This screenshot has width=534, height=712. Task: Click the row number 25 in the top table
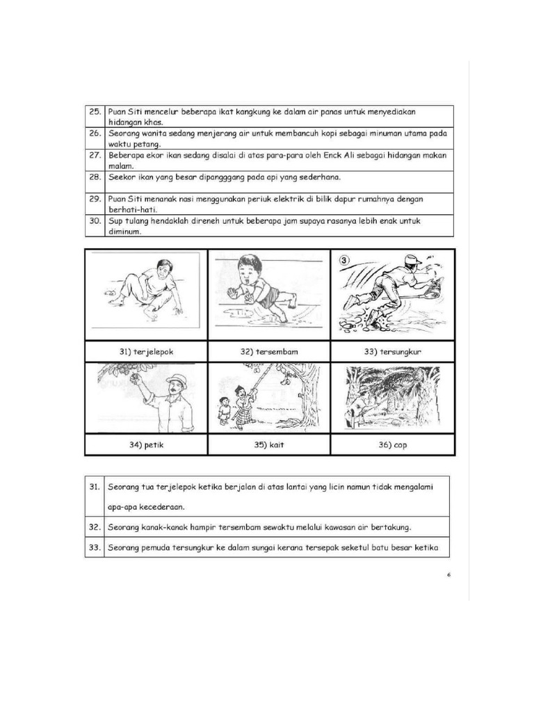pos(94,111)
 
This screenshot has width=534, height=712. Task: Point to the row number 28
pos(94,177)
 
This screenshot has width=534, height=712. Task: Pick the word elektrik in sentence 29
pos(281,199)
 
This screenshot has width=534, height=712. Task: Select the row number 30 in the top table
pos(94,221)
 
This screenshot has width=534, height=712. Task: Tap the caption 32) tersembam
pos(269,352)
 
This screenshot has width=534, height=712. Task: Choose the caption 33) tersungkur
pos(393,352)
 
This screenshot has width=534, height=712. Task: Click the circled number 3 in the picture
pos(343,261)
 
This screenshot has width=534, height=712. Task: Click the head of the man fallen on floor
pos(164,266)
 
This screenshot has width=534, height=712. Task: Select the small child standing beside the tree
pos(224,409)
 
